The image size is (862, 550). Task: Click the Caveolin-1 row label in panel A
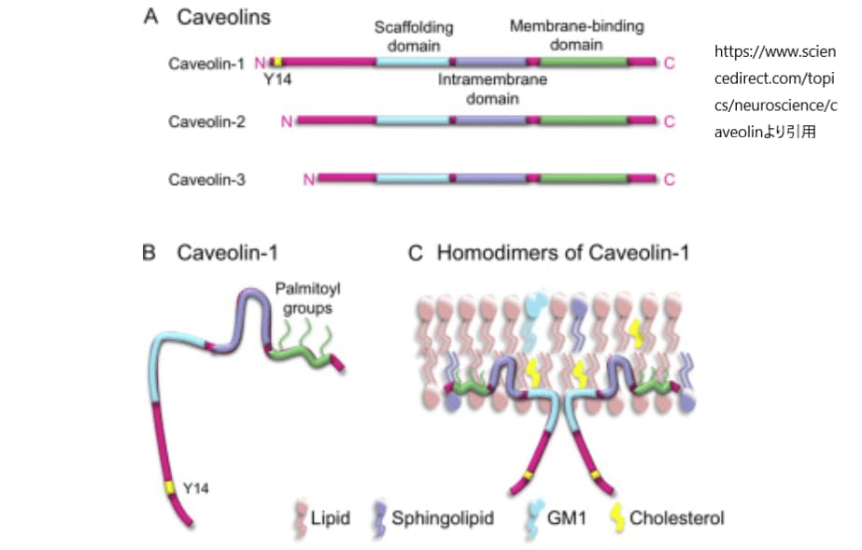point(206,63)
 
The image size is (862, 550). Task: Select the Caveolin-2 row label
point(206,120)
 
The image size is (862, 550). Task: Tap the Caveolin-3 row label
point(206,179)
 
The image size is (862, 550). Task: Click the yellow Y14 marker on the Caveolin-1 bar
point(277,63)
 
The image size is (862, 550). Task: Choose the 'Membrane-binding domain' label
point(576,35)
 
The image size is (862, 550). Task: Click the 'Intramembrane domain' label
point(492,89)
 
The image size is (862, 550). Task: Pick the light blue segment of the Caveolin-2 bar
point(414,120)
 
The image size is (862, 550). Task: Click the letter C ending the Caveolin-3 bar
point(669,179)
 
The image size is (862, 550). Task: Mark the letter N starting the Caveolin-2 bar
point(287,120)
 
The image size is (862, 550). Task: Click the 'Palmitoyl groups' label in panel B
point(304,298)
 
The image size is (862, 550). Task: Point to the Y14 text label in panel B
point(195,487)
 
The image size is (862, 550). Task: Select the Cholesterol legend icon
point(616,516)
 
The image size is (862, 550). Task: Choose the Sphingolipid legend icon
point(377,517)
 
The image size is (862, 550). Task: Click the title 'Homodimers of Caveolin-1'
point(562,252)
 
